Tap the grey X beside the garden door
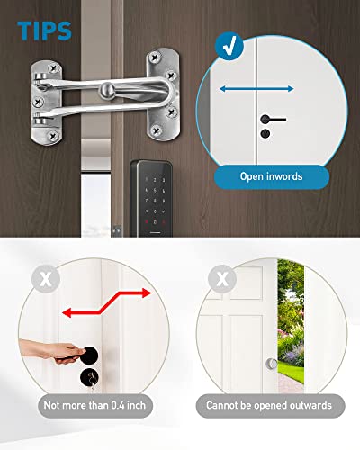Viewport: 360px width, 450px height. [x=221, y=277]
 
